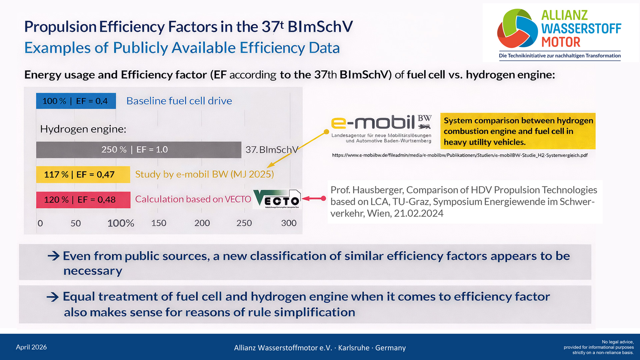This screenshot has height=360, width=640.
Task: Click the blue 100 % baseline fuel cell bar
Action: [x=76, y=101]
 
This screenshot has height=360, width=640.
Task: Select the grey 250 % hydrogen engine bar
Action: [x=138, y=150]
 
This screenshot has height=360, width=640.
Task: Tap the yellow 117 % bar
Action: [x=83, y=174]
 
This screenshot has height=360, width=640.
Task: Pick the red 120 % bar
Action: [x=83, y=200]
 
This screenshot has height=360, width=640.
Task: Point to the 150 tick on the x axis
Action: [x=159, y=223]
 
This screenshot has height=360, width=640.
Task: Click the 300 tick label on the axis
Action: [x=289, y=223]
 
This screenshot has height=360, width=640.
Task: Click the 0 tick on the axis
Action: [x=40, y=223]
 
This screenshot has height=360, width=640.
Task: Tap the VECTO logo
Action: [x=277, y=199]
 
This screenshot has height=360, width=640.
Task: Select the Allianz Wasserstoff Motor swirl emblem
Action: [x=517, y=28]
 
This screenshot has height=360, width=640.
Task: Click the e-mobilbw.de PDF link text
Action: [x=460, y=155]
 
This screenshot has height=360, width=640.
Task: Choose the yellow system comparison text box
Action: [x=518, y=131]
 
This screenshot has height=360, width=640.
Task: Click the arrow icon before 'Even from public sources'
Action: [x=53, y=256]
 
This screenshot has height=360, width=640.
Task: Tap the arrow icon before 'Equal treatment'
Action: [x=53, y=297]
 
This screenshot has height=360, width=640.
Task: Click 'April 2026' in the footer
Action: [x=31, y=347]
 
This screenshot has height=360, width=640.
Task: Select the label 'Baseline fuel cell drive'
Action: [x=179, y=101]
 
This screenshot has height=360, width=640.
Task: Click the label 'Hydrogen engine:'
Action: [x=83, y=129]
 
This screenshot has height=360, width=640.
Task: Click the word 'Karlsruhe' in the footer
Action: [x=353, y=348]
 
